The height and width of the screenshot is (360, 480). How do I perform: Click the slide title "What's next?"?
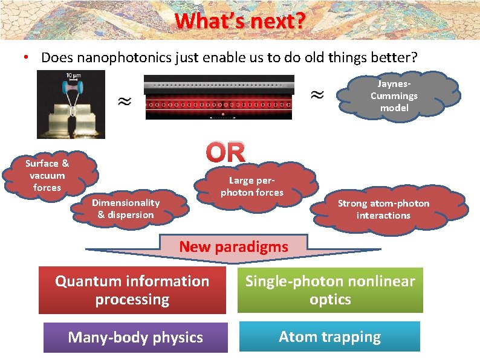(239, 22)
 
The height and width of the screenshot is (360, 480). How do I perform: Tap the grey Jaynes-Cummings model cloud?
(394, 95)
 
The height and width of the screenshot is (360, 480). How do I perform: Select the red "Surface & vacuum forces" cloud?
(47, 175)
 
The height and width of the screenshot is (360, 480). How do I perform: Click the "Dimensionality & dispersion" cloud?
(126, 208)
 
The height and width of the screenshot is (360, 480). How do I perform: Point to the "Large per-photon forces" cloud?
(251, 186)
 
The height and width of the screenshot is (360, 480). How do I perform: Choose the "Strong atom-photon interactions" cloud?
(383, 209)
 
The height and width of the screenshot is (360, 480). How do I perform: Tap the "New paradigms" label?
(234, 246)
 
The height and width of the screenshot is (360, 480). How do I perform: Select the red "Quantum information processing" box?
(132, 290)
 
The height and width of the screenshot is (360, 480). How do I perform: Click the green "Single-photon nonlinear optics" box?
(330, 290)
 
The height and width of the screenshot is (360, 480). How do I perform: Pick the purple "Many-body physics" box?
(135, 337)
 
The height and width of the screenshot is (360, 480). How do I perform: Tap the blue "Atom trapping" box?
(329, 336)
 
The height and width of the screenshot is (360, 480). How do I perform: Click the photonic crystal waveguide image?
(219, 98)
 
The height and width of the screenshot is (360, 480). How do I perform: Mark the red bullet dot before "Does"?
(25, 58)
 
